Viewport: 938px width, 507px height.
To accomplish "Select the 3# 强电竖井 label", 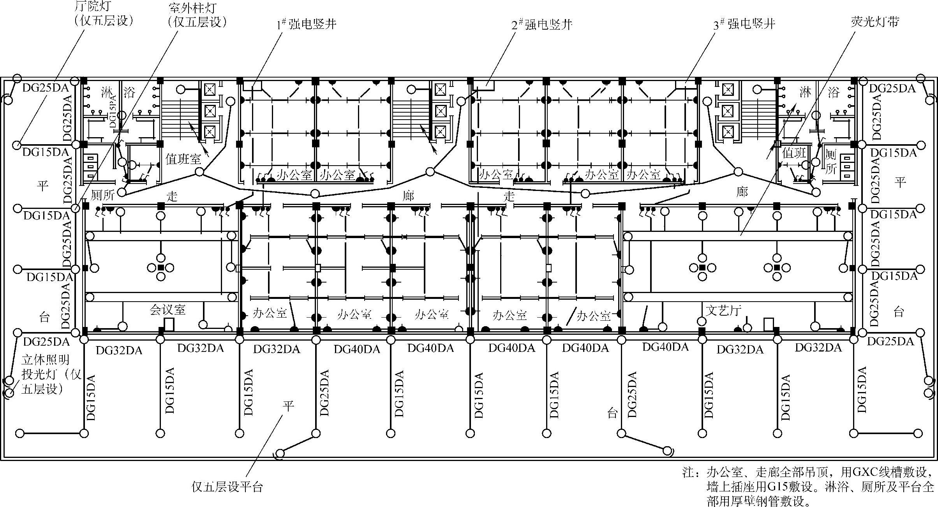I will pyautogui.click(x=744, y=24).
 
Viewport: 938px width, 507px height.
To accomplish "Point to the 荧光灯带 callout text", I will pyautogui.click(x=875, y=22).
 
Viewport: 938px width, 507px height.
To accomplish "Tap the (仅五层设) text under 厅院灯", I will pyautogui.click(x=104, y=20).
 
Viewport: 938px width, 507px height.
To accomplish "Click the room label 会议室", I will pyautogui.click(x=167, y=310).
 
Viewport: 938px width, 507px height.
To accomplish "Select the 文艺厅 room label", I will pyautogui.click(x=723, y=310).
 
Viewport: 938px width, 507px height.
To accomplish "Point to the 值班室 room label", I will pyautogui.click(x=183, y=159).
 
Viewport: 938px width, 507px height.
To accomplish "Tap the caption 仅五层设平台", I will pyautogui.click(x=227, y=487).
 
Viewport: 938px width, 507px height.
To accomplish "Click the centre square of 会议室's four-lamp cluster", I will pyautogui.click(x=161, y=267).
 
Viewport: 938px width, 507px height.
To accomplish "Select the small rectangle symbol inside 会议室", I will pyautogui.click(x=169, y=325).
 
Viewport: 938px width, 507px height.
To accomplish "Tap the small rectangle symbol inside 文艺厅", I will pyautogui.click(x=769, y=325).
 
